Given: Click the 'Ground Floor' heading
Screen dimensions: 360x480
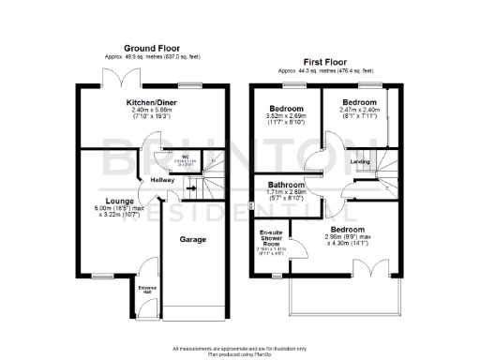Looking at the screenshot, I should point(152,47).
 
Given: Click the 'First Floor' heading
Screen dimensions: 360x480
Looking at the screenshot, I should point(325,61).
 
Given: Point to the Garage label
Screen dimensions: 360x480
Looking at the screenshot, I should point(192,239).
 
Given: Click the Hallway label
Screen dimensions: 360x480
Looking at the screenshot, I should point(151,181).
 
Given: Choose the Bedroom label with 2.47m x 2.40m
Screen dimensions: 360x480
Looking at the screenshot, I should point(358,101).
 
